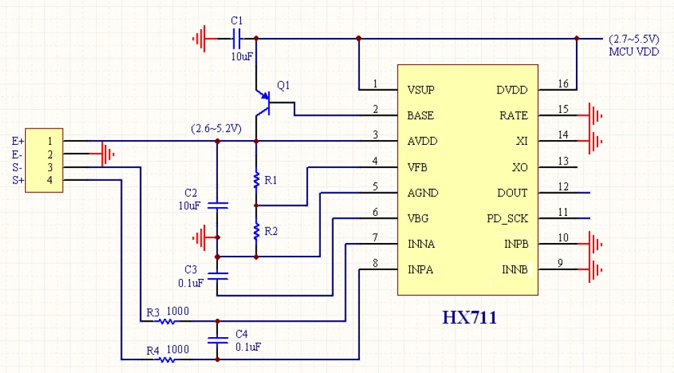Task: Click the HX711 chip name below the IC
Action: pyautogui.click(x=469, y=317)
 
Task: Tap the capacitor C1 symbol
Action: pyautogui.click(x=237, y=38)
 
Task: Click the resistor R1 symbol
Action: pyautogui.click(x=256, y=180)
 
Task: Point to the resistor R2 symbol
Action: pyautogui.click(x=256, y=232)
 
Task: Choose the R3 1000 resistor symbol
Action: pyautogui.click(x=167, y=321)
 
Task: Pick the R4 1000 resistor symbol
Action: pyautogui.click(x=167, y=359)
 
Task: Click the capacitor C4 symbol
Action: pyautogui.click(x=217, y=340)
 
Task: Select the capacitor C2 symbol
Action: pyautogui.click(x=217, y=204)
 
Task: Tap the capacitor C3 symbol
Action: pyautogui.click(x=217, y=276)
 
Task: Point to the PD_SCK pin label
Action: pyautogui.click(x=507, y=219)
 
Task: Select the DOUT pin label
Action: pyautogui.click(x=512, y=193)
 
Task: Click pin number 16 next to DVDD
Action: pyautogui.click(x=562, y=84)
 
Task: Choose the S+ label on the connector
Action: pyautogui.click(x=17, y=179)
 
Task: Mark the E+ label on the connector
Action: pyautogui.click(x=17, y=141)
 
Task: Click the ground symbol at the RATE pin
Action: pyautogui.click(x=596, y=116)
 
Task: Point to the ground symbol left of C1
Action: pyautogui.click(x=200, y=39)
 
